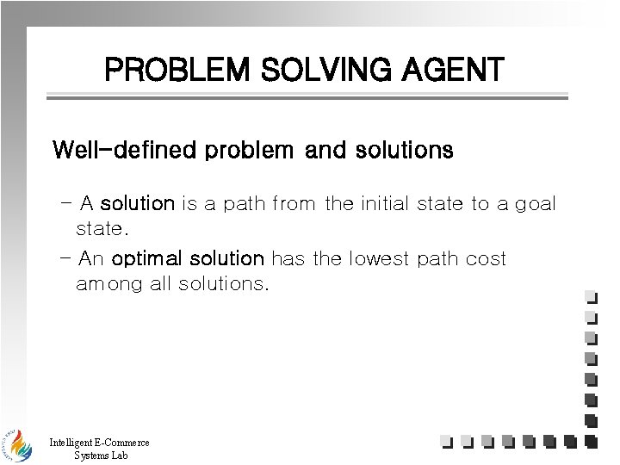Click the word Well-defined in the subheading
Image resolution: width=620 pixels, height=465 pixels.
click(x=125, y=151)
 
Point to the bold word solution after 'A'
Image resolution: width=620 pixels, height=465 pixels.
click(x=138, y=204)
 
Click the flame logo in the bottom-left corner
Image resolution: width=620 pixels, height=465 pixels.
click(x=15, y=443)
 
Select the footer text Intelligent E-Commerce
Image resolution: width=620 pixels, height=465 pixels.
click(x=99, y=443)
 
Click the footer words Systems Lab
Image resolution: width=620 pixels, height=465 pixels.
click(x=101, y=456)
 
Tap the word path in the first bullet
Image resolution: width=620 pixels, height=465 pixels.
click(x=244, y=204)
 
